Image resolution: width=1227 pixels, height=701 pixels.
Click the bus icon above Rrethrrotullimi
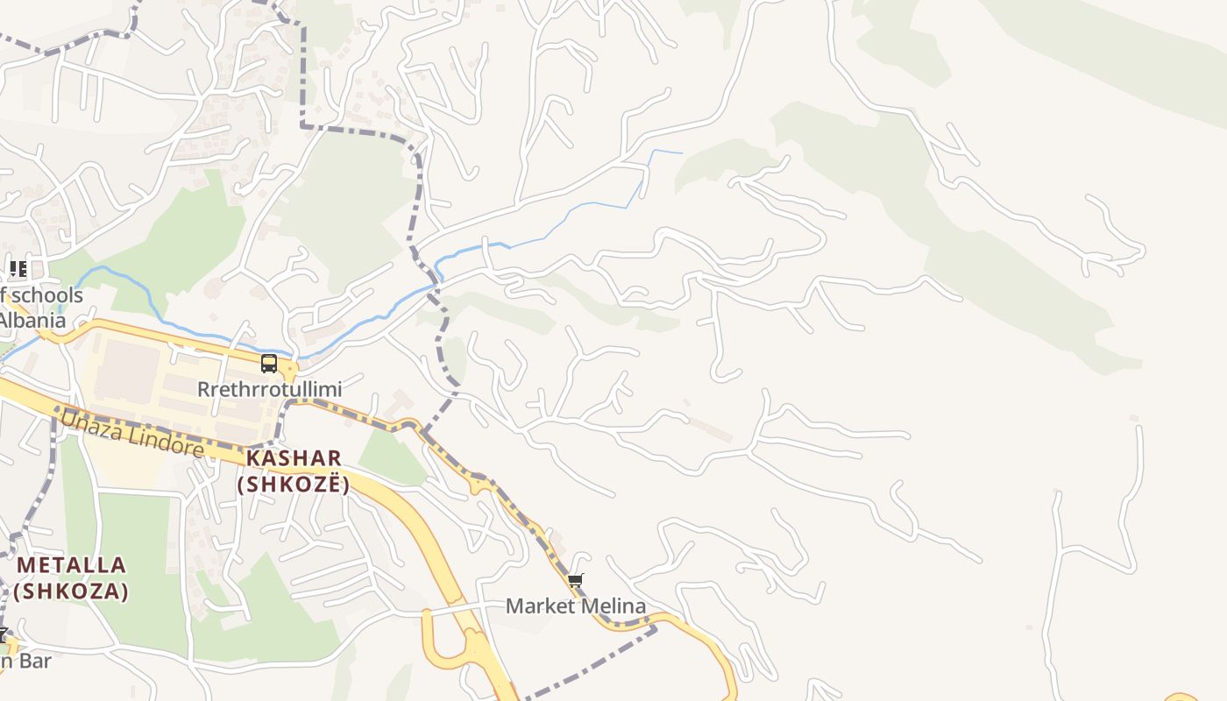click(269, 364)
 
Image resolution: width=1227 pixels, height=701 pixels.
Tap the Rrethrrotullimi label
click(269, 388)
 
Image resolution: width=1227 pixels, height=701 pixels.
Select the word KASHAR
click(294, 457)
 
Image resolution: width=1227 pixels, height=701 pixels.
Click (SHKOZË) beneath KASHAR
click(294, 484)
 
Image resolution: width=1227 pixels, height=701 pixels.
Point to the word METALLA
click(71, 564)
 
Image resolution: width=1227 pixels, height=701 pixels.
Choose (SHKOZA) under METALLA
click(71, 591)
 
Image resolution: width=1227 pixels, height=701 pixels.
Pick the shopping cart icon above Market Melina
click(576, 580)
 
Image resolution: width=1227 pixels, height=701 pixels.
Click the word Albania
click(32, 320)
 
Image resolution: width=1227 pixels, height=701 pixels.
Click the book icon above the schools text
click(18, 268)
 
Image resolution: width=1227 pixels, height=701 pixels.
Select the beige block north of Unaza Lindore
click(131, 372)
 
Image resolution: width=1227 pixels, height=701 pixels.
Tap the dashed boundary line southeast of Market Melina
click(596, 658)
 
